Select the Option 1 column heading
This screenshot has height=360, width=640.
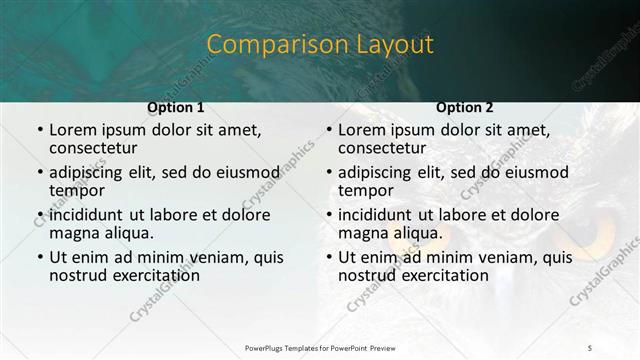click(x=176, y=107)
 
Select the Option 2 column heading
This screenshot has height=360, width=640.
click(x=465, y=107)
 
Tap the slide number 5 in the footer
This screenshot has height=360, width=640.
click(x=590, y=347)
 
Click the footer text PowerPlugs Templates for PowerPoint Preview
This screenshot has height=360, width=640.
click(x=320, y=347)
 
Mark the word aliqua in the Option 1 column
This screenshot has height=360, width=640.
click(x=128, y=233)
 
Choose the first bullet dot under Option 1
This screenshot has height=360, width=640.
click(x=39, y=131)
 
